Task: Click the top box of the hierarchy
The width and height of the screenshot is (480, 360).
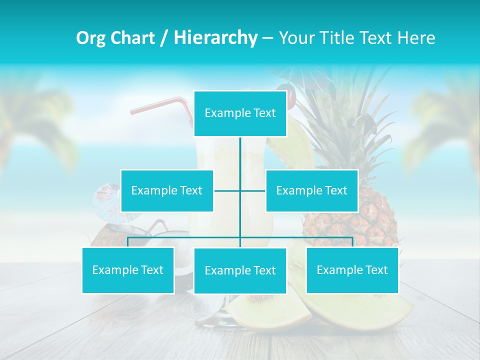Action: (x=240, y=113)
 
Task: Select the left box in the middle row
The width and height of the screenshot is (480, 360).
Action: (x=167, y=190)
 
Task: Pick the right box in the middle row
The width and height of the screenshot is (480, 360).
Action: (x=311, y=190)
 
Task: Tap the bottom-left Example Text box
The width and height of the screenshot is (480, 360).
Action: (x=128, y=270)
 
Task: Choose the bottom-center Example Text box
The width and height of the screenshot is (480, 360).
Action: (x=240, y=271)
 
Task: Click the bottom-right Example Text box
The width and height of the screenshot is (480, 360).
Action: (x=352, y=270)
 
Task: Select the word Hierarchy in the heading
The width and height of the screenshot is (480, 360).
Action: (x=215, y=38)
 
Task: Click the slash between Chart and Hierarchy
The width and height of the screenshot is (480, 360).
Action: (x=164, y=38)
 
